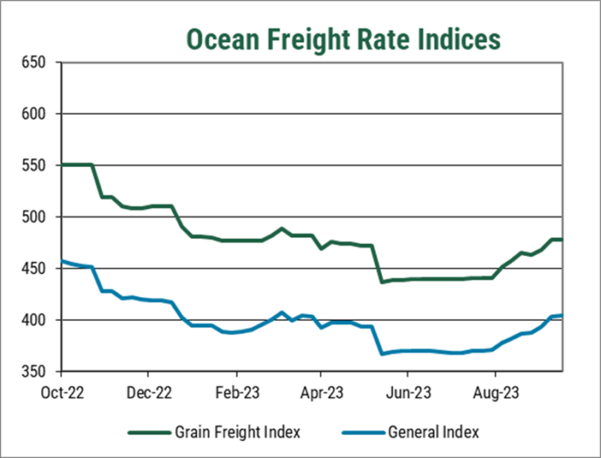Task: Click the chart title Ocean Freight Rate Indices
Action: [344, 39]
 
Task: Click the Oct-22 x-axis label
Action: [61, 394]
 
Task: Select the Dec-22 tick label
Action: [148, 394]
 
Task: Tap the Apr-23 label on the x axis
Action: [321, 394]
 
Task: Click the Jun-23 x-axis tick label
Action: [407, 394]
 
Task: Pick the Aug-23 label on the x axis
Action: [494, 394]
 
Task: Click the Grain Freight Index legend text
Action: [238, 432]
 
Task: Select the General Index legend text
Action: [433, 432]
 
